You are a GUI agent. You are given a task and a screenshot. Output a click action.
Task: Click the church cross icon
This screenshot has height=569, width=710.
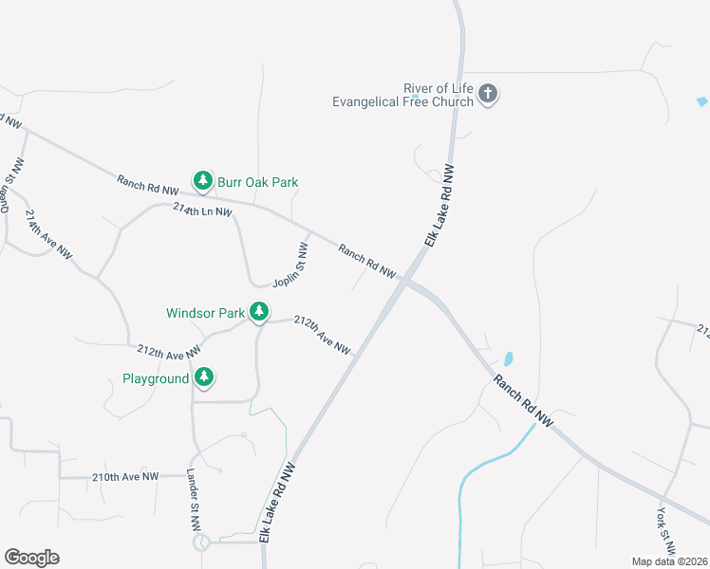click(x=489, y=93)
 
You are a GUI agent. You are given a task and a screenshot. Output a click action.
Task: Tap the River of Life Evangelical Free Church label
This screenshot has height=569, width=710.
click(x=402, y=94)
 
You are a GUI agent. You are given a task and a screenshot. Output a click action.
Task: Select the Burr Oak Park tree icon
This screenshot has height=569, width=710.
click(x=202, y=180)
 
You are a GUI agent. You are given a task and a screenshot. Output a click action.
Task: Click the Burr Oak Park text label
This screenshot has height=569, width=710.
click(x=257, y=181)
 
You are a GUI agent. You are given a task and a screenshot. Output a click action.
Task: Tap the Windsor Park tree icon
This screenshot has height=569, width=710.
click(x=258, y=311)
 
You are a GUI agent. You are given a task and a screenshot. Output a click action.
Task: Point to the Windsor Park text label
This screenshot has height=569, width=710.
click(x=205, y=312)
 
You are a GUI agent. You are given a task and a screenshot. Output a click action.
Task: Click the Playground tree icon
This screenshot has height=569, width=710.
click(x=203, y=377)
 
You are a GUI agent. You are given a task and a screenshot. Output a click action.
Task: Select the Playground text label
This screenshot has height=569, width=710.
click(x=156, y=378)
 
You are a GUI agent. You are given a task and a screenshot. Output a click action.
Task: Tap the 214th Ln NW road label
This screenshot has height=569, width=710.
click(x=202, y=210)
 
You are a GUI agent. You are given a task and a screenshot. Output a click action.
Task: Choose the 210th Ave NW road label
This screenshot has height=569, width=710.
click(x=124, y=476)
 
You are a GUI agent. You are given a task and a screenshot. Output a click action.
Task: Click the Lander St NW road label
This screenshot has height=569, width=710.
click(x=193, y=504)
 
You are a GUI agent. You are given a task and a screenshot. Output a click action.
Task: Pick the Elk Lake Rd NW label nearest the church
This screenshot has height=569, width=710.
click(x=439, y=207)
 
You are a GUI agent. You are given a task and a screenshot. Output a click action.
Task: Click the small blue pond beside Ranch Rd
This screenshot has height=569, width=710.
click(x=508, y=359)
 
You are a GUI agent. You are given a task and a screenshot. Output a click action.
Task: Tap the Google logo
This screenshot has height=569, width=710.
click(x=31, y=558)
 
